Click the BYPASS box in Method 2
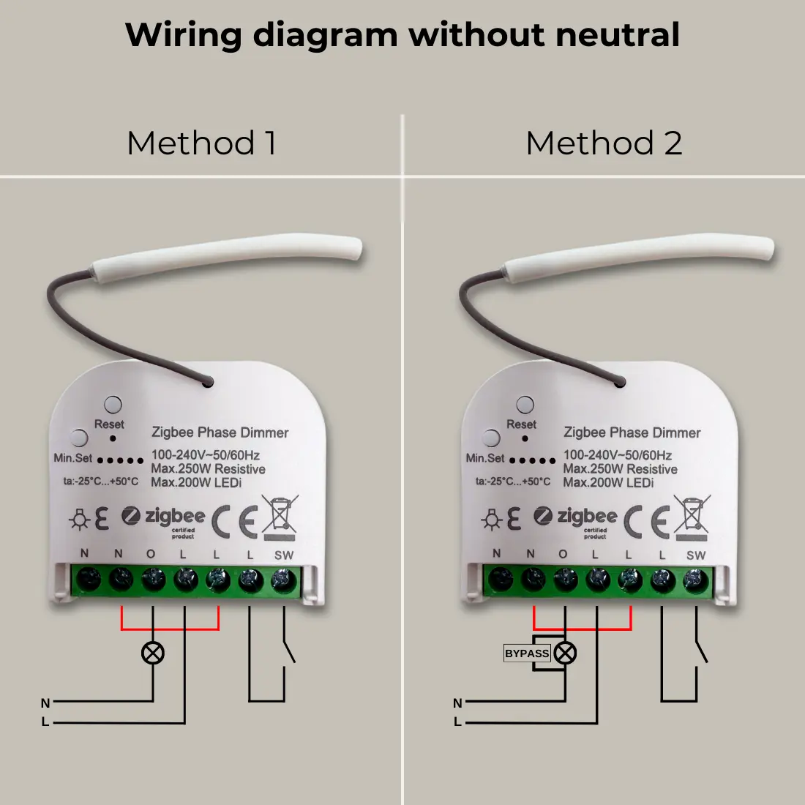coord(527,654)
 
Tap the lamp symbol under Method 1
coord(152,653)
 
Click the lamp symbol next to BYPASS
coord(565,653)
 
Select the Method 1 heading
coord(201,143)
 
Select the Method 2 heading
coord(604,143)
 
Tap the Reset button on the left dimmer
coord(113,404)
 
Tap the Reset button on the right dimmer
coord(525,404)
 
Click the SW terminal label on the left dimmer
coord(284,555)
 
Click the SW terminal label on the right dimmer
coord(696,555)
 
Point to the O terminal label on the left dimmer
coord(151,555)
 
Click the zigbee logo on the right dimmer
coord(576,517)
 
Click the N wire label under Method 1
coord(45,703)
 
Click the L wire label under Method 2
coord(457,722)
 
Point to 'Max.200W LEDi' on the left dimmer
coord(196,482)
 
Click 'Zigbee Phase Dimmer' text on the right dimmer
coord(632,433)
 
